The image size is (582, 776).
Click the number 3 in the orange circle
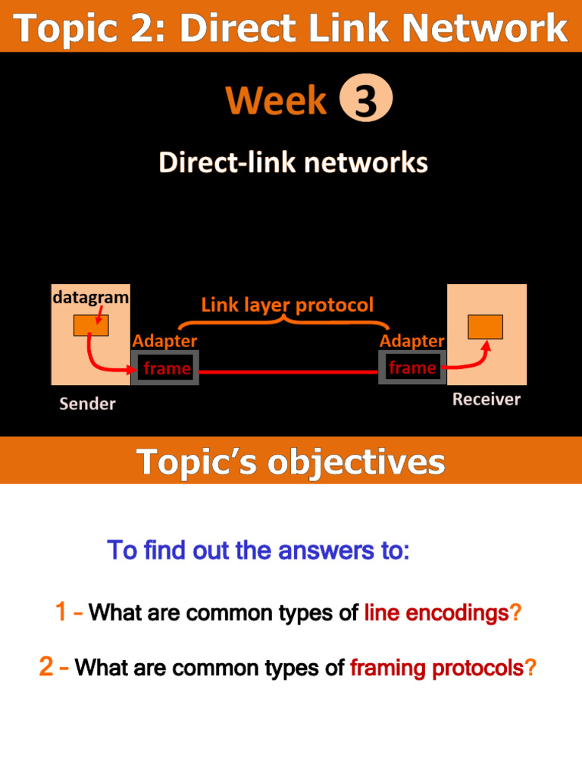coord(365,102)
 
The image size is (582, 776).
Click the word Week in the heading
coord(277,102)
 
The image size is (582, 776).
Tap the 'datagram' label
coord(90,298)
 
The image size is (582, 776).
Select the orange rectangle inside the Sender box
coord(91,326)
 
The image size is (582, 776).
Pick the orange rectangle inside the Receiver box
coord(485,327)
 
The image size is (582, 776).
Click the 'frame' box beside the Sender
coord(166,369)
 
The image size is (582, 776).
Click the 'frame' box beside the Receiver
coord(411,368)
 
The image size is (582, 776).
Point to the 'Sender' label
coord(88,404)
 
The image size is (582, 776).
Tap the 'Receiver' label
coord(487,399)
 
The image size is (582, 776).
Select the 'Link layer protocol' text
coord(287,305)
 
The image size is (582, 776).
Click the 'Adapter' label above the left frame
coord(164,342)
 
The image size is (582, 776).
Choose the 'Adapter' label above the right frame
coord(411,342)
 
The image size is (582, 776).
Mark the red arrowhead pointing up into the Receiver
coord(486,346)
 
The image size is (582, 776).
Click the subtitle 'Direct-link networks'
coord(293,163)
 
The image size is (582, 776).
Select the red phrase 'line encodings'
coord(436,613)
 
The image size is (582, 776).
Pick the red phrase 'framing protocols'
coord(436,668)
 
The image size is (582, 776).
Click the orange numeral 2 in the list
coord(47,667)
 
